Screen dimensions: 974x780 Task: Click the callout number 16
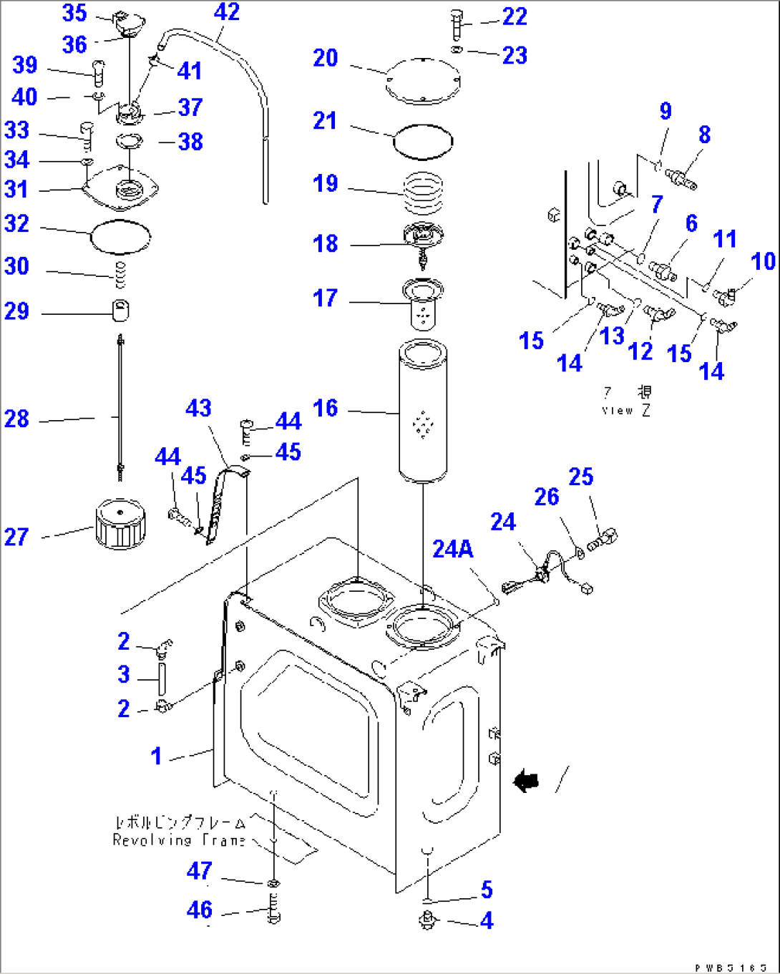[x=325, y=408]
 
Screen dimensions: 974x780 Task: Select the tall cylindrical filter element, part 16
[x=423, y=411]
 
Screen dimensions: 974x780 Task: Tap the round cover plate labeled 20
[x=423, y=79]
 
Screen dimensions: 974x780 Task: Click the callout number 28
[x=16, y=419]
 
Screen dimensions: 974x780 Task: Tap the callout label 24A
[x=452, y=549]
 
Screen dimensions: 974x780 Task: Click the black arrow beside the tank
[x=527, y=781]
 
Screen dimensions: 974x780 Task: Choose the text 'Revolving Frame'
[x=179, y=840]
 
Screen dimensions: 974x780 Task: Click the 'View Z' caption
[x=626, y=410]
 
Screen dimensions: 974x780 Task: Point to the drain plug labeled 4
[x=428, y=920]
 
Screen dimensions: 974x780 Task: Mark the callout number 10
[x=763, y=261]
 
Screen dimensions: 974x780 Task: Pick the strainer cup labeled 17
[x=423, y=303]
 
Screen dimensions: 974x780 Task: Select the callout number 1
[x=156, y=756]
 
